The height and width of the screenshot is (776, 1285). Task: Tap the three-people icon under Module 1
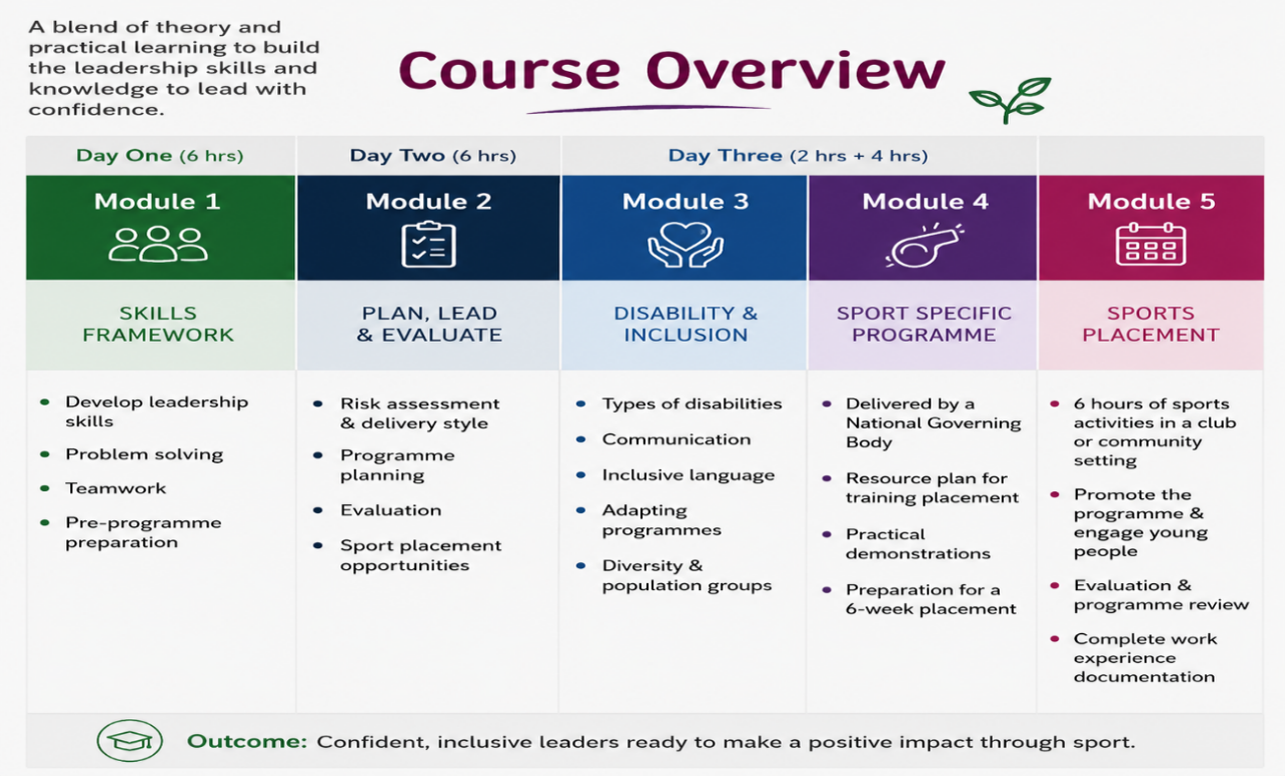click(158, 244)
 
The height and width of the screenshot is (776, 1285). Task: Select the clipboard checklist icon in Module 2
click(429, 245)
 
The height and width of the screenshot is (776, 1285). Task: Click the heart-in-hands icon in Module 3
click(686, 245)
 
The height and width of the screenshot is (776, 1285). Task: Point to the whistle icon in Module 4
click(925, 245)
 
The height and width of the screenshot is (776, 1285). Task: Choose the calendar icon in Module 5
click(1151, 244)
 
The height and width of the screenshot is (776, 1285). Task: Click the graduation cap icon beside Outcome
click(130, 740)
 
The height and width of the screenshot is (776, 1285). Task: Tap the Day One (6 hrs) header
click(159, 155)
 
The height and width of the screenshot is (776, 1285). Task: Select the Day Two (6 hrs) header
click(433, 155)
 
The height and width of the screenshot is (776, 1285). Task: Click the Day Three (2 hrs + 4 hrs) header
click(798, 155)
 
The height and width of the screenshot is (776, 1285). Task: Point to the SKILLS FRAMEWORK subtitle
click(158, 324)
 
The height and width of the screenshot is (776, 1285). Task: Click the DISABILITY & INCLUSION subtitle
click(686, 324)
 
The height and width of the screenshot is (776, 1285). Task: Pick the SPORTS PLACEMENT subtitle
click(1151, 324)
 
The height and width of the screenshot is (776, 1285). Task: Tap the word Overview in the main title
click(796, 71)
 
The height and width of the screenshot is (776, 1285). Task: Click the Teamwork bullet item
click(115, 488)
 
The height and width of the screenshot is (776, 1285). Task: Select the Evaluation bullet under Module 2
click(391, 510)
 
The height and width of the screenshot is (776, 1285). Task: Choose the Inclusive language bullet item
click(688, 475)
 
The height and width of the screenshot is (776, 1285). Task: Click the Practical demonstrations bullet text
click(918, 544)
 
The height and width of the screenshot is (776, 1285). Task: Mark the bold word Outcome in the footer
click(247, 741)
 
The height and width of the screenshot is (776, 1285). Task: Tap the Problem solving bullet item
click(144, 454)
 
